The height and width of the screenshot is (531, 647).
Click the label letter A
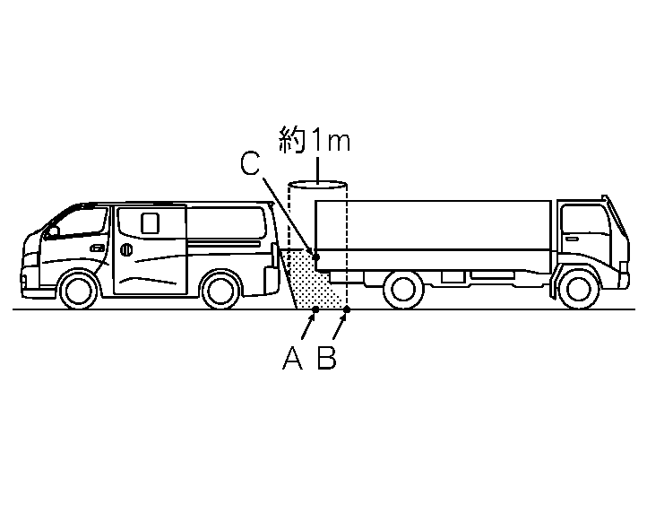coord(292,358)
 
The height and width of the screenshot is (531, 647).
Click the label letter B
coord(327,358)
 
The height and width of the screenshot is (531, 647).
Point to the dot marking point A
coord(315,310)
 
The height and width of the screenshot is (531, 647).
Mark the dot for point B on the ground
coord(347,310)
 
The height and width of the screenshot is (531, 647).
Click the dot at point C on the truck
coord(315,257)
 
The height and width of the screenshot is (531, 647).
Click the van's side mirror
coord(53,231)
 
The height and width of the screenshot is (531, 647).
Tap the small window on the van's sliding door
coord(149,222)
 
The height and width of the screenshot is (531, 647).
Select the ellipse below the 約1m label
coord(317,186)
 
